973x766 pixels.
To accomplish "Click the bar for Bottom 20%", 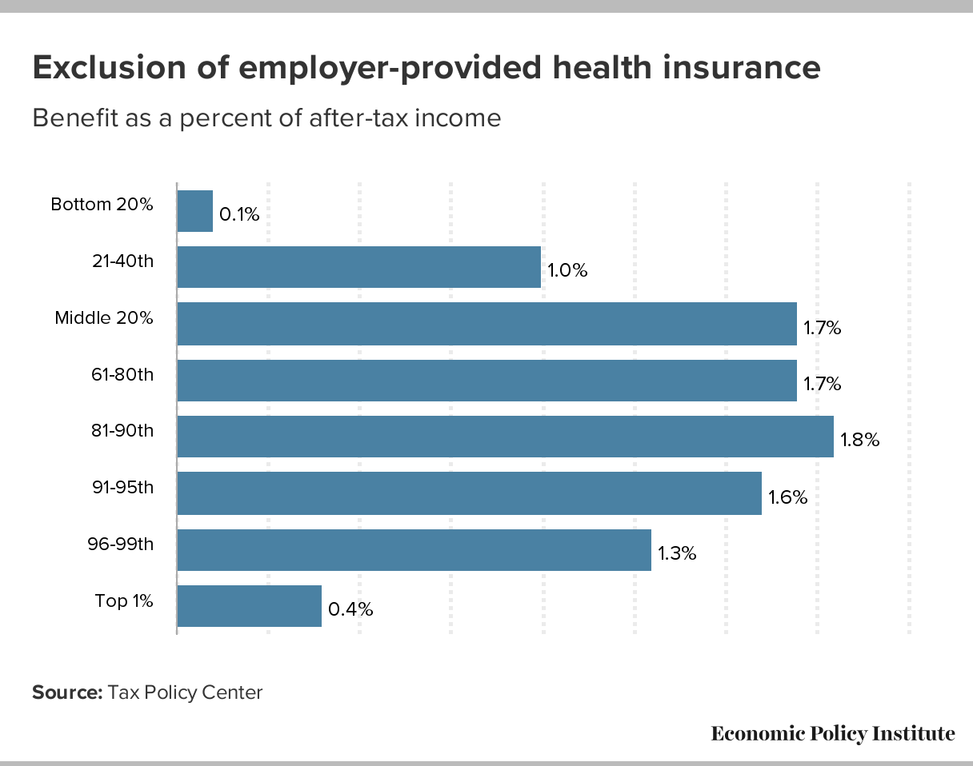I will pos(194,211).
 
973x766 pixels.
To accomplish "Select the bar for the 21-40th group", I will pos(358,267).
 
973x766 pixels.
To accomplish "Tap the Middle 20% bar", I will pos(486,324).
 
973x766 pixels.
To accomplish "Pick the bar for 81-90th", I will pos(505,437).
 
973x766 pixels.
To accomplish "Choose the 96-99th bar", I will pos(414,550).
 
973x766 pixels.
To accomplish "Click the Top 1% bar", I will pos(249,606).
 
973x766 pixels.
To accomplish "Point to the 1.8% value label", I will pos(860,440).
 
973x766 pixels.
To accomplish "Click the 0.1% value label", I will pos(239,214).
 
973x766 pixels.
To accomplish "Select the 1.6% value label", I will pos(788,497).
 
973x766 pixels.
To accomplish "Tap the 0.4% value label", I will pos(351,609).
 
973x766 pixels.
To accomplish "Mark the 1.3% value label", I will pos(677,553).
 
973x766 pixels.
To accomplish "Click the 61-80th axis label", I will pos(122,373).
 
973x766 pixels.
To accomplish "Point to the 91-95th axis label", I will pos(122,487).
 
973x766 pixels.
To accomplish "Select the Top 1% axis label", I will pos(124,600).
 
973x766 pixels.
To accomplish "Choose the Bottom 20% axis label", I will pos(102,204).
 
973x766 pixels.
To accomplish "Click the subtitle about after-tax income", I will pos(266,118).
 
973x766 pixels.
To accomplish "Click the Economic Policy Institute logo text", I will pos(833,733).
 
